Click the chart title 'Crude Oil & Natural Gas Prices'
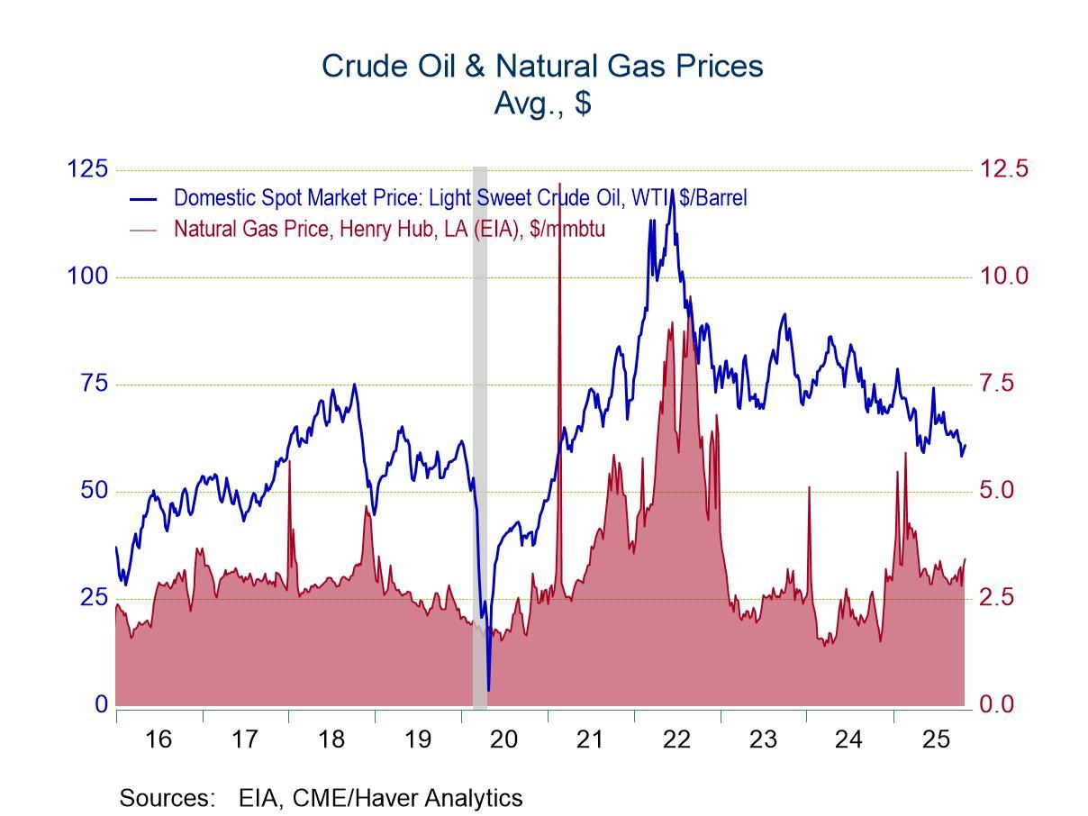point(542,66)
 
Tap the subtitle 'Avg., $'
point(542,103)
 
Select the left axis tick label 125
point(87,168)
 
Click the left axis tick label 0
point(102,704)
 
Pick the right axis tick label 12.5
point(1002,168)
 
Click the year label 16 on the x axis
point(159,739)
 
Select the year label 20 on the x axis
point(503,739)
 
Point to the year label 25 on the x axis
point(936,739)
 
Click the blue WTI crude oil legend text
point(459,197)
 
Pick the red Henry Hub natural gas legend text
point(389,229)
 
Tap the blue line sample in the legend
point(143,198)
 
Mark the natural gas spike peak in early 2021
point(560,184)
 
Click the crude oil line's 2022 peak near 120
point(672,191)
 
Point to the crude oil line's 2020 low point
point(488,690)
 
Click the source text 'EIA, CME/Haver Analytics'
point(380,797)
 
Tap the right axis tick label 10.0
point(1002,276)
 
